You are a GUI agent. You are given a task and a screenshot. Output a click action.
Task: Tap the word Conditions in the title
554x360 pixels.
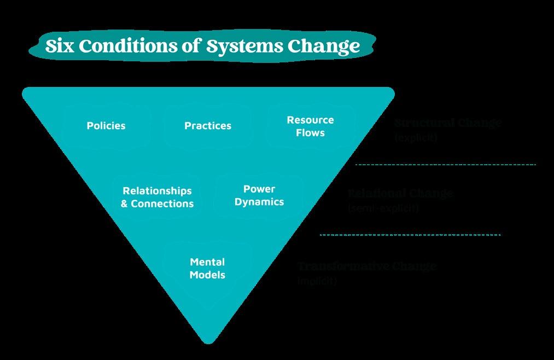click(x=127, y=47)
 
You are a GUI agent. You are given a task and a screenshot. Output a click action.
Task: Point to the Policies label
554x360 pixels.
click(x=106, y=126)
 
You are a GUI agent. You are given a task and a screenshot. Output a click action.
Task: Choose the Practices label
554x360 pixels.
click(x=208, y=126)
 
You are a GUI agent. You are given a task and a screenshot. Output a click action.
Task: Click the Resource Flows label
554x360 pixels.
click(x=310, y=126)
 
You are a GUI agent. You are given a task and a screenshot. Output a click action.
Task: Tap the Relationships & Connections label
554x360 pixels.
click(x=157, y=198)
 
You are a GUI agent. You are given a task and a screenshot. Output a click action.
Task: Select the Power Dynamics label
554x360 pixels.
click(x=259, y=195)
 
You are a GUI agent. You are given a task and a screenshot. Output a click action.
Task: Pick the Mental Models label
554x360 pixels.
click(x=207, y=269)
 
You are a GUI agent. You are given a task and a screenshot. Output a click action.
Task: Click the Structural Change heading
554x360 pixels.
click(x=448, y=123)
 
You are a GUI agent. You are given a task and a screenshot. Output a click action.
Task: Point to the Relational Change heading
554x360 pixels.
click(x=401, y=193)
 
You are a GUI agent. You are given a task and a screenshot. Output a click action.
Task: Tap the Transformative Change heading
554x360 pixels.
click(x=367, y=266)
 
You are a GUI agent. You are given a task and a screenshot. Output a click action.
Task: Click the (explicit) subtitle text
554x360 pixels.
click(x=416, y=137)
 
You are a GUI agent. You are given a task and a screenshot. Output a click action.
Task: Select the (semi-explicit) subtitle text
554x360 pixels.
click(x=383, y=208)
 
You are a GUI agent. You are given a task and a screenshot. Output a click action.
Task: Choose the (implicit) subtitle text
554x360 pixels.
click(x=317, y=281)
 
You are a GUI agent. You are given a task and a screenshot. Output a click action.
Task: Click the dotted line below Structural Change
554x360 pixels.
click(x=446, y=164)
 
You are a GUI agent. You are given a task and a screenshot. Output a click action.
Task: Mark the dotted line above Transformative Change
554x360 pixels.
click(x=410, y=235)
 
